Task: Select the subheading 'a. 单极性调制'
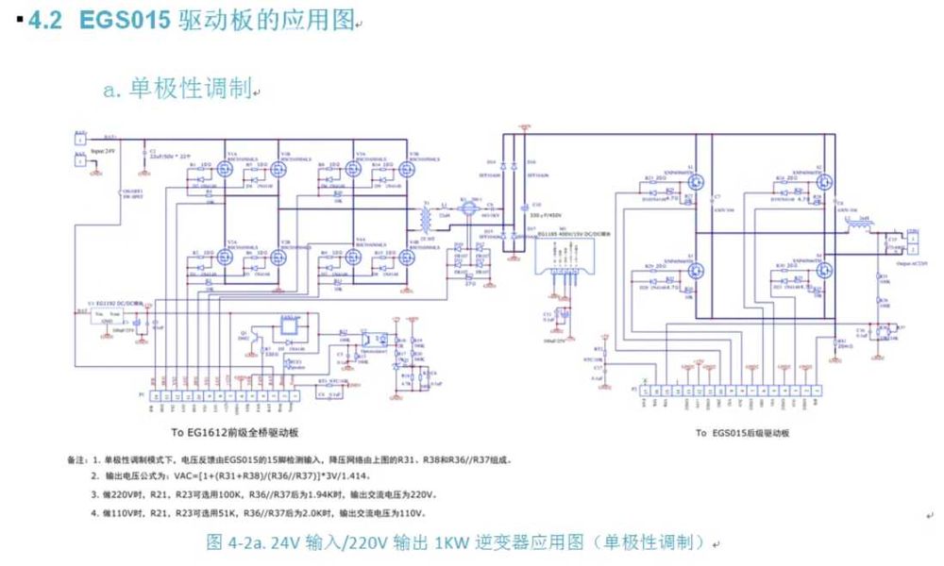178,90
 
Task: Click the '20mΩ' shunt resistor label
843,347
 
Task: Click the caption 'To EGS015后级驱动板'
742,433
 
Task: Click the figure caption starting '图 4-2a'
457,541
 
